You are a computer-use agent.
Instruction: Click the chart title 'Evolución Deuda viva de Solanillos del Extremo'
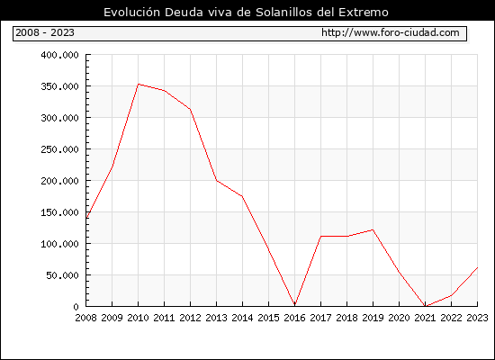tap(246, 13)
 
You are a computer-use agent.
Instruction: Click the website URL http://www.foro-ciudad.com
tap(391, 32)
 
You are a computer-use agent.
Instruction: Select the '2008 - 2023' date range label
tap(45, 32)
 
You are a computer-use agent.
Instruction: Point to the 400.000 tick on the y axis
tap(59, 55)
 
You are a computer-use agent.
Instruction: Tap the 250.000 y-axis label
tap(59, 149)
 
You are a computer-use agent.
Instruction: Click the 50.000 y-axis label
tap(62, 275)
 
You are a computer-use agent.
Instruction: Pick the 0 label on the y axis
tap(76, 307)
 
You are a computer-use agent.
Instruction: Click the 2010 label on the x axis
tap(138, 318)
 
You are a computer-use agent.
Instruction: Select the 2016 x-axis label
tap(294, 318)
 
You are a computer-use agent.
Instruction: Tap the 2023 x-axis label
tap(477, 318)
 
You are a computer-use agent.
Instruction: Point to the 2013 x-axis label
tap(216, 318)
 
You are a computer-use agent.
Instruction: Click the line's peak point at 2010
tap(139, 84)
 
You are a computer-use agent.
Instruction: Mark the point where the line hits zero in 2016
tap(295, 305)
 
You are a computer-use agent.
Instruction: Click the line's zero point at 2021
tap(425, 306)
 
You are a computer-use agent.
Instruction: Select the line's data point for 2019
tap(373, 229)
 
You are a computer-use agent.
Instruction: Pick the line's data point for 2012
tap(191, 109)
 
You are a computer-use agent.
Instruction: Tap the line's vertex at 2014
tap(242, 196)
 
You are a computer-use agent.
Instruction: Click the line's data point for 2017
tap(320, 236)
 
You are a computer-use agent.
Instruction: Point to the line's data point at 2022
tap(452, 295)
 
